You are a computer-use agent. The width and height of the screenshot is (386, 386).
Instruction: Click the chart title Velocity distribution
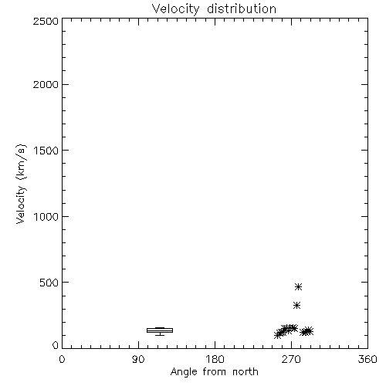click(x=214, y=8)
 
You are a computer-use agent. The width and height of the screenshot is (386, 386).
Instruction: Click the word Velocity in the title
click(x=175, y=9)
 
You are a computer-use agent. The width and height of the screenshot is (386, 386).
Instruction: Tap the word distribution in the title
click(x=242, y=8)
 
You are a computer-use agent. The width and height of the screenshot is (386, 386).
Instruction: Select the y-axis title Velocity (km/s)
click(x=21, y=184)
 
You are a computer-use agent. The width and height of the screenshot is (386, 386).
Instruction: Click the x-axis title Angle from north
click(x=215, y=372)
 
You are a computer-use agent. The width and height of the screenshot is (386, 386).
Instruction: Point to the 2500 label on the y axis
click(x=46, y=21)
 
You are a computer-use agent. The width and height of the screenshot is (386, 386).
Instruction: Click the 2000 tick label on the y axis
click(x=46, y=84)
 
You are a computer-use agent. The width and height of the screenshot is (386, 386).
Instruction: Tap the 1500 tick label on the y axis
click(x=46, y=151)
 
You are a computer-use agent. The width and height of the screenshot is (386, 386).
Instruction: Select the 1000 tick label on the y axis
click(x=46, y=216)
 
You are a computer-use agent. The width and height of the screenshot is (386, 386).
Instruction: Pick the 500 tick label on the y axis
click(x=49, y=283)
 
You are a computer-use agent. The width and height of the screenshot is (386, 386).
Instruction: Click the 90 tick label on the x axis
click(x=138, y=359)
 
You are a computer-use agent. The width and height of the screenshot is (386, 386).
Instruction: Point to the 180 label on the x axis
click(x=215, y=359)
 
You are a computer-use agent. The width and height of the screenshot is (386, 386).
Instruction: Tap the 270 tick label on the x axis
click(x=291, y=359)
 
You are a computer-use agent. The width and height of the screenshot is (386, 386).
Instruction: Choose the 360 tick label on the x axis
click(x=367, y=359)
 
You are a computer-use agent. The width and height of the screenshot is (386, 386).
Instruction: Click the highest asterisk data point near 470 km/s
click(x=298, y=286)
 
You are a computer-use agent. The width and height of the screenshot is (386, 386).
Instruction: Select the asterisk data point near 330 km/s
click(x=297, y=306)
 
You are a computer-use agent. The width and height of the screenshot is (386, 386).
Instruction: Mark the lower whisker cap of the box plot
click(x=160, y=335)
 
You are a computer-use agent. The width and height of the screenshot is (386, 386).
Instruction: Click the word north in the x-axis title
click(x=245, y=372)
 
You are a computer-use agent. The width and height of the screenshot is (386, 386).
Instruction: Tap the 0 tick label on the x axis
click(x=62, y=359)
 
